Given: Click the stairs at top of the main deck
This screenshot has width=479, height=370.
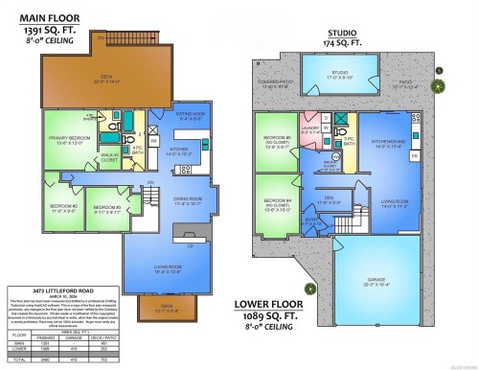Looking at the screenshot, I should coord(99,37).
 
